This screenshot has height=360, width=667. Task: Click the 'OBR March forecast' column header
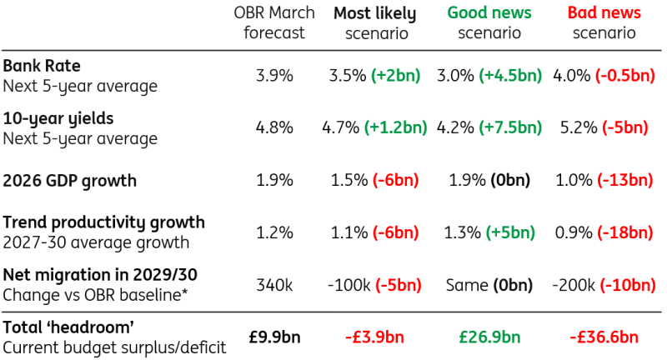point(274,23)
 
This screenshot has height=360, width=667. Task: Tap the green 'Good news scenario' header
point(489,23)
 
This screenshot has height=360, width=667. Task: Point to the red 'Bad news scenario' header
point(604,23)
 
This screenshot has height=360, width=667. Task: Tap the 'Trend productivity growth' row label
point(103,222)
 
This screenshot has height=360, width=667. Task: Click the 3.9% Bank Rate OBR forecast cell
point(274,75)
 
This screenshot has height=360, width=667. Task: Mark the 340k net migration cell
point(274,285)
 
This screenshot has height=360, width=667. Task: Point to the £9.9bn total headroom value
point(274,337)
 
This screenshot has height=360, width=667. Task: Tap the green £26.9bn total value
point(489,337)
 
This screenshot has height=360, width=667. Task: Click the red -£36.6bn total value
point(604,337)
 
